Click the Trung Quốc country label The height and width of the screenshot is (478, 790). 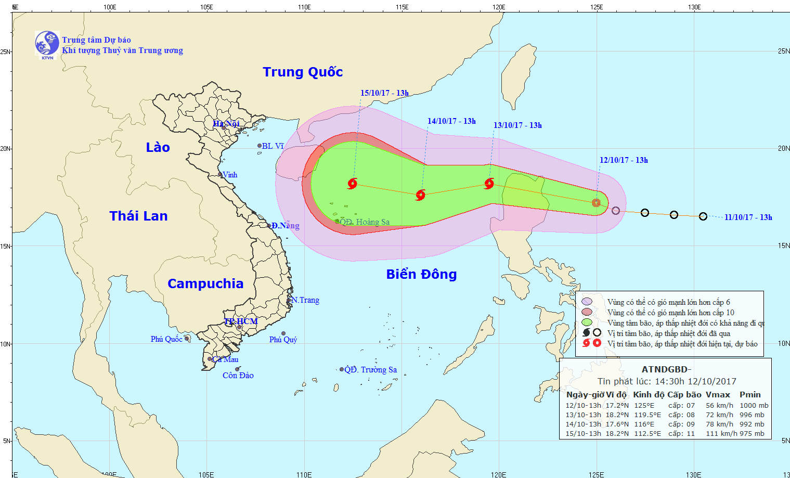303,72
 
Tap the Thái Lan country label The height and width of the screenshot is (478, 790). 138,216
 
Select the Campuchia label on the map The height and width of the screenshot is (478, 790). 205,283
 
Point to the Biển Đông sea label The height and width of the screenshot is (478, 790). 421,274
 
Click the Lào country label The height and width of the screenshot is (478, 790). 158,147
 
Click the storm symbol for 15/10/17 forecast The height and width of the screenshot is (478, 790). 353,183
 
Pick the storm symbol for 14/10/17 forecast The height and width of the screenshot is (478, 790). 421,195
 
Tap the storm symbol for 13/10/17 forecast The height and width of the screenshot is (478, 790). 489,183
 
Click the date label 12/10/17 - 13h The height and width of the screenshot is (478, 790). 624,160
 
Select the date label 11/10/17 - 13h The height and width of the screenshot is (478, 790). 748,217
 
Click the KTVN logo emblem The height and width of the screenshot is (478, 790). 47,43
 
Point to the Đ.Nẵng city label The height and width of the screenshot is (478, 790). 285,226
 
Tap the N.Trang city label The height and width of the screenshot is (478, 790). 305,300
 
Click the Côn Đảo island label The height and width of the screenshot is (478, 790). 238,376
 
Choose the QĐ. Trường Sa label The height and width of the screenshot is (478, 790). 370,370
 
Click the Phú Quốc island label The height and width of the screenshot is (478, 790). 166,339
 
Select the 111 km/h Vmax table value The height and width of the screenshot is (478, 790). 721,434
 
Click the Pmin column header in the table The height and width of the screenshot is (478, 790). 750,395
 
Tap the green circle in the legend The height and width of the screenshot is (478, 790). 587,322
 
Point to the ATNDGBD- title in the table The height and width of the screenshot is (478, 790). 666,370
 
